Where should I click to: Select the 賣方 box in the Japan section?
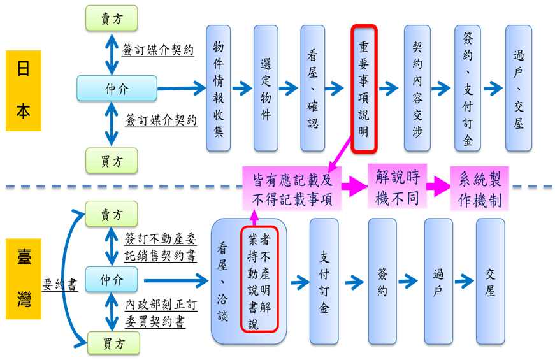[x=112, y=19]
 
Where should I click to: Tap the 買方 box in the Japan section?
[x=112, y=161]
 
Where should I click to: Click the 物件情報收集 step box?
[x=219, y=89]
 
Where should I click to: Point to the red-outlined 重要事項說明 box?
[x=364, y=89]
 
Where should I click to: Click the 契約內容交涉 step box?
[x=417, y=89]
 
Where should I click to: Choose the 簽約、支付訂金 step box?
[x=467, y=89]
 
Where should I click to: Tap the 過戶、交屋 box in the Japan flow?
[x=518, y=89]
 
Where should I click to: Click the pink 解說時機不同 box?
[x=397, y=187]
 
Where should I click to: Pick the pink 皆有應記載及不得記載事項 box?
[x=292, y=189]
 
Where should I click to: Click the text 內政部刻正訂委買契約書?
[x=159, y=313]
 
